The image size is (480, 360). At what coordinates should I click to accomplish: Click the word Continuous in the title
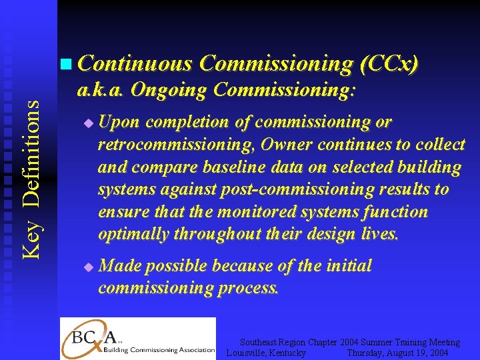(135, 63)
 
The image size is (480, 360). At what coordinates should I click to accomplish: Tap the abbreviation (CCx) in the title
(389, 63)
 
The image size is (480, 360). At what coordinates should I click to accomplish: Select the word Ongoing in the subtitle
(172, 89)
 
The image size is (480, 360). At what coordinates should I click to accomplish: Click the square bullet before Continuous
(64, 65)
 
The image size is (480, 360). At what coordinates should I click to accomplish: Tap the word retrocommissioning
(178, 145)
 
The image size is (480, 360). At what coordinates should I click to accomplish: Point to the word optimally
(133, 235)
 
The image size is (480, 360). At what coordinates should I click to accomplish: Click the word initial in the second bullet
(349, 266)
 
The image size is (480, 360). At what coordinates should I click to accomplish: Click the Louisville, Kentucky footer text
(267, 353)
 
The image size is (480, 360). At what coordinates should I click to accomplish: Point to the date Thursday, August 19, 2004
(397, 353)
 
